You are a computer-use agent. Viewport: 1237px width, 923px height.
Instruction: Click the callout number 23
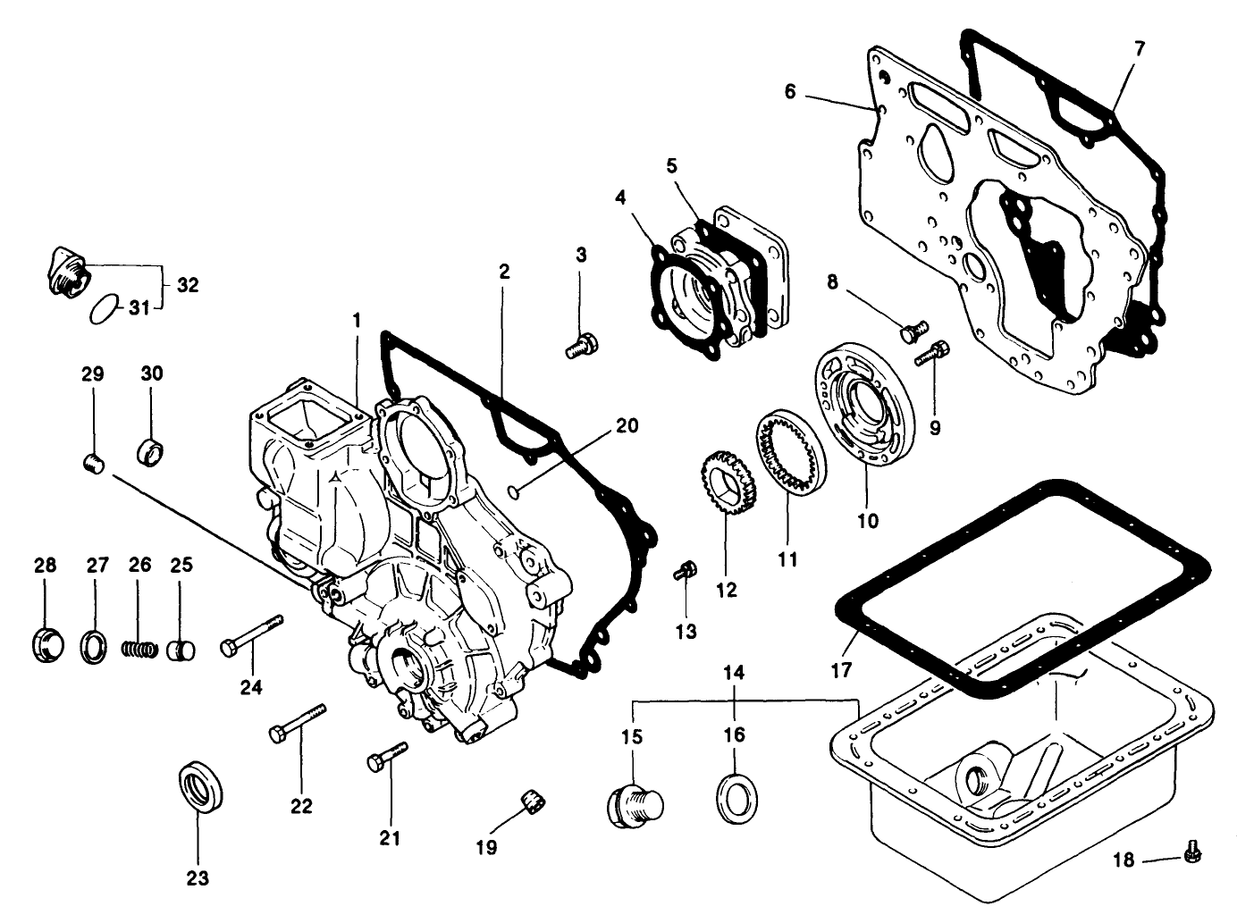coord(198,878)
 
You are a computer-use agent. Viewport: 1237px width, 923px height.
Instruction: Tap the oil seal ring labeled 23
coord(198,785)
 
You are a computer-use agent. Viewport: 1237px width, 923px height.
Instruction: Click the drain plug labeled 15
coord(633,802)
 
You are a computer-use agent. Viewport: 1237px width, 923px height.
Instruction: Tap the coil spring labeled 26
coord(139,647)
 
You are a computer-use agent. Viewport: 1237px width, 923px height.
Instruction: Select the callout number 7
coord(1140,49)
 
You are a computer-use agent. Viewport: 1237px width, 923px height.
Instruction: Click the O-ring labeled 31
coord(104,309)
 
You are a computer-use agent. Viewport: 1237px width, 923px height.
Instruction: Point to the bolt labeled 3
coord(582,345)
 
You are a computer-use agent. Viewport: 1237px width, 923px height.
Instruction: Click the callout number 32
coord(188,285)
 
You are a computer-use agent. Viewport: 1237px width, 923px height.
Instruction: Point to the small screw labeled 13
coord(686,570)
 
